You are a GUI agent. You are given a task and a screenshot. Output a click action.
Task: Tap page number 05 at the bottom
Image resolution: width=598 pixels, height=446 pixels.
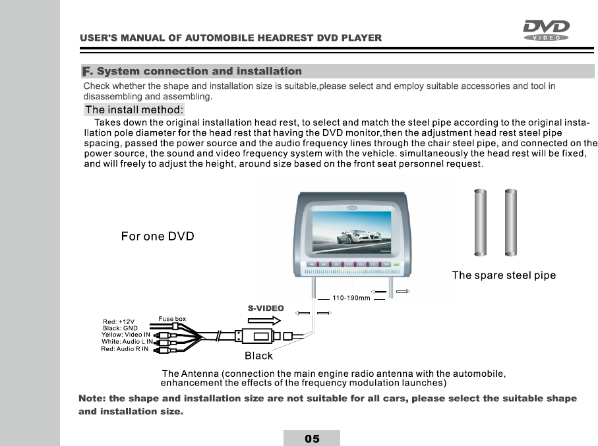(312, 438)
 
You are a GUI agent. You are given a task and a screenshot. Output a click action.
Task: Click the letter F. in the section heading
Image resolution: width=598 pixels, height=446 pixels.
(88, 71)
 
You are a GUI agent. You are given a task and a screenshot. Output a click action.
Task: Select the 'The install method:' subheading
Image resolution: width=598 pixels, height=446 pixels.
(135, 109)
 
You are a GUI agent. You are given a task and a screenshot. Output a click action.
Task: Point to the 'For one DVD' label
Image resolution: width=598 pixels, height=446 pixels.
(158, 237)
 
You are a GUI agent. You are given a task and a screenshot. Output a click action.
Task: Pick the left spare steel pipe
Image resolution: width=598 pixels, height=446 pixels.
(480, 222)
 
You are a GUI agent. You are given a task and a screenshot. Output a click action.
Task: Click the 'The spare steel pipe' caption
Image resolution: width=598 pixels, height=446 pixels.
(504, 275)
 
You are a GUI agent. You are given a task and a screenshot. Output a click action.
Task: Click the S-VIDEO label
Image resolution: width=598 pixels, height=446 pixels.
(266, 308)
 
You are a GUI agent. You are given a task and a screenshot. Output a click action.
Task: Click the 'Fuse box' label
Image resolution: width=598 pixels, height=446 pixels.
(172, 319)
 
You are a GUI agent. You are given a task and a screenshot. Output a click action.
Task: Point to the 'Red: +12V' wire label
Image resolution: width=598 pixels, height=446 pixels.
(119, 321)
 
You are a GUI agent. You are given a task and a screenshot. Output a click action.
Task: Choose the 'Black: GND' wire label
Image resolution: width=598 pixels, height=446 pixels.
(120, 328)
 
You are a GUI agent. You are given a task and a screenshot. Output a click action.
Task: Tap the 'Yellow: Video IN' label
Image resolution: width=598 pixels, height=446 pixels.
(127, 335)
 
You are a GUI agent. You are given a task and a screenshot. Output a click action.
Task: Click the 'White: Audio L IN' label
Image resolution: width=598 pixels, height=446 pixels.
(127, 342)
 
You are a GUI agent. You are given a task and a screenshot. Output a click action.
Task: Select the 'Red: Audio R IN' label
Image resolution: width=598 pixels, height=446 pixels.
(125, 349)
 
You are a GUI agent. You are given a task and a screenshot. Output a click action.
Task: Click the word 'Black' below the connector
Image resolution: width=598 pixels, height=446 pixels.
(258, 356)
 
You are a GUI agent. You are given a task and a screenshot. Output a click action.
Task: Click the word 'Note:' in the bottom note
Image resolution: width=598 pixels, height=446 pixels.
(92, 399)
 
